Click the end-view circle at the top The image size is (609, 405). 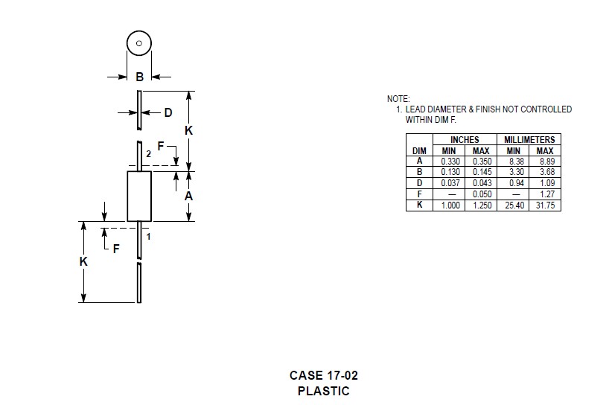click(139, 43)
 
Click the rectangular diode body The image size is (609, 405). click(139, 196)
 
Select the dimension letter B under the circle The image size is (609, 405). click(139, 76)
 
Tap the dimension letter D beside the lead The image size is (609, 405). click(168, 112)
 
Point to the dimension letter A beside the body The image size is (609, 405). click(189, 197)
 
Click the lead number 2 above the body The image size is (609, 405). click(149, 153)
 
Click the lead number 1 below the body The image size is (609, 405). click(149, 237)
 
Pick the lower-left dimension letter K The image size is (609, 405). click(84, 262)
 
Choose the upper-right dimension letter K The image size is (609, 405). click(188, 130)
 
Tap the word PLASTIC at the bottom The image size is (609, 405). click(323, 390)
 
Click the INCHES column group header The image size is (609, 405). click(465, 139)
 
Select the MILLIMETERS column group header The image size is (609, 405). click(529, 139)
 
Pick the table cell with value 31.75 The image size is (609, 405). click(546, 205)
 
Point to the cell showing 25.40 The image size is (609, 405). click(514, 205)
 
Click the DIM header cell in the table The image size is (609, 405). click(419, 150)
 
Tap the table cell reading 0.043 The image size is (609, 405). click(482, 182)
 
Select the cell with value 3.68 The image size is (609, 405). click(546, 172)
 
